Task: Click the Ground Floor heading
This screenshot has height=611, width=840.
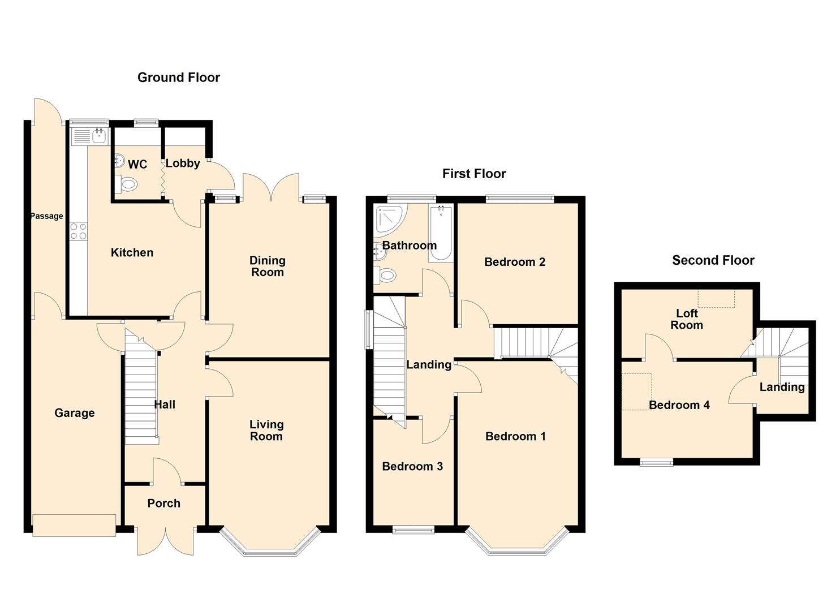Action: tap(179, 78)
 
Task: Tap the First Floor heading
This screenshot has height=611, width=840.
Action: tap(474, 174)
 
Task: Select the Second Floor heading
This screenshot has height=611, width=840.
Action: tap(713, 260)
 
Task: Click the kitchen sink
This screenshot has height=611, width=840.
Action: tap(91, 136)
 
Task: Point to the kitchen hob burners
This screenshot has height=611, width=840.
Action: tap(78, 231)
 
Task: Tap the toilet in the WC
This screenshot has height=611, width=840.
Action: tap(127, 184)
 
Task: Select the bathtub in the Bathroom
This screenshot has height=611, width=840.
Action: tap(441, 234)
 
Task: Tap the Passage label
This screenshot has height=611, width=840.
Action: tap(46, 216)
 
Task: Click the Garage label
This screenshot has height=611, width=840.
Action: tap(74, 413)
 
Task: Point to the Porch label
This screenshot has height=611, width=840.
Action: tap(163, 503)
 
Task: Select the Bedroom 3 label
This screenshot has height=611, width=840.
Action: tap(412, 466)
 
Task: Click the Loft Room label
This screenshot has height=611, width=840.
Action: tap(687, 319)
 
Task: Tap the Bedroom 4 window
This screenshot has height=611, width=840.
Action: tap(657, 463)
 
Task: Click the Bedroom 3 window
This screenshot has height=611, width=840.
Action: tap(413, 530)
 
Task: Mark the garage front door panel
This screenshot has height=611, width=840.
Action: tap(74, 524)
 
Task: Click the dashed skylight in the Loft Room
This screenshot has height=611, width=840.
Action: tap(716, 299)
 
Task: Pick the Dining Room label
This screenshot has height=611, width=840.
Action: tap(267, 266)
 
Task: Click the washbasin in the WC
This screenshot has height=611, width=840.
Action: tap(119, 161)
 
